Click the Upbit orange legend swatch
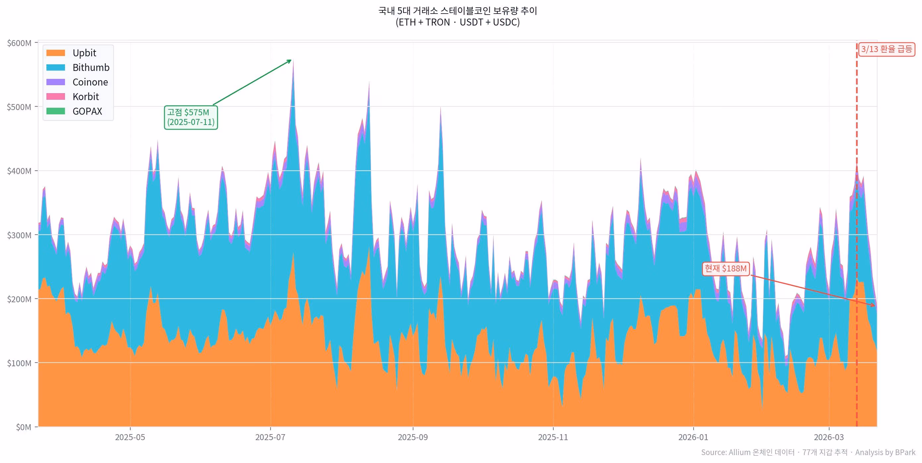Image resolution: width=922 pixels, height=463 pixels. pos(55,53)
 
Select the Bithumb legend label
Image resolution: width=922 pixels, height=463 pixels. pos(91,68)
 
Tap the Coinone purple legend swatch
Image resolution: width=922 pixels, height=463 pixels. pos(55,82)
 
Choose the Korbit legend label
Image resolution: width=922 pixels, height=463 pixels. pos(86,96)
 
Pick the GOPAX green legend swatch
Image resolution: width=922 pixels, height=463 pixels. pos(55,111)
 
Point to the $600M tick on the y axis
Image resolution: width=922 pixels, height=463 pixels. pos(19,43)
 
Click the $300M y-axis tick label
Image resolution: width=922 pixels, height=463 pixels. pos(19,235)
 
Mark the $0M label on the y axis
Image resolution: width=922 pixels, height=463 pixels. pos(23,427)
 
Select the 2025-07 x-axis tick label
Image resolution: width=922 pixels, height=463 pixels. pos(270,437)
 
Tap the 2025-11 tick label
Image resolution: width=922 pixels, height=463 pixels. pos(553,437)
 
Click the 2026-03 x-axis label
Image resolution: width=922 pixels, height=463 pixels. pos(829,437)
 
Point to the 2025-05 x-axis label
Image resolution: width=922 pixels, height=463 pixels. pos(130,437)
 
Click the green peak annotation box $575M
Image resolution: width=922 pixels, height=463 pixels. pos(191,117)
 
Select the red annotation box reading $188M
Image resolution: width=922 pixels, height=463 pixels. pos(726,269)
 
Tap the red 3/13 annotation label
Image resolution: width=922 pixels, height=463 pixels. pos(886,49)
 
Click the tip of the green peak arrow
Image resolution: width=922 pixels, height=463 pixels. pos(291,60)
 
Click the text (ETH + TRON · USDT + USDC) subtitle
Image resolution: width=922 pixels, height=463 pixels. pos(458,22)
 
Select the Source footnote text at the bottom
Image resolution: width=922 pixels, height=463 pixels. pos(808,453)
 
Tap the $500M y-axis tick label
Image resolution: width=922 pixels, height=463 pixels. pos(19,107)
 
